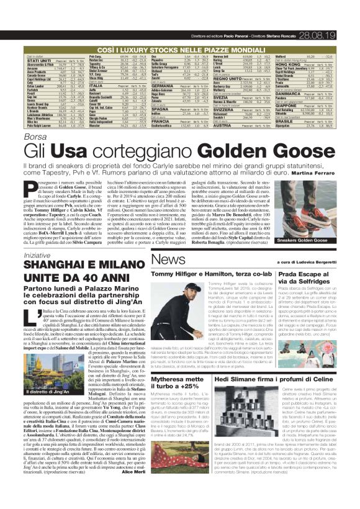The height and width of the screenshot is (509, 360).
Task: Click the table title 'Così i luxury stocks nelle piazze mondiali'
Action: click(180, 30)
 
